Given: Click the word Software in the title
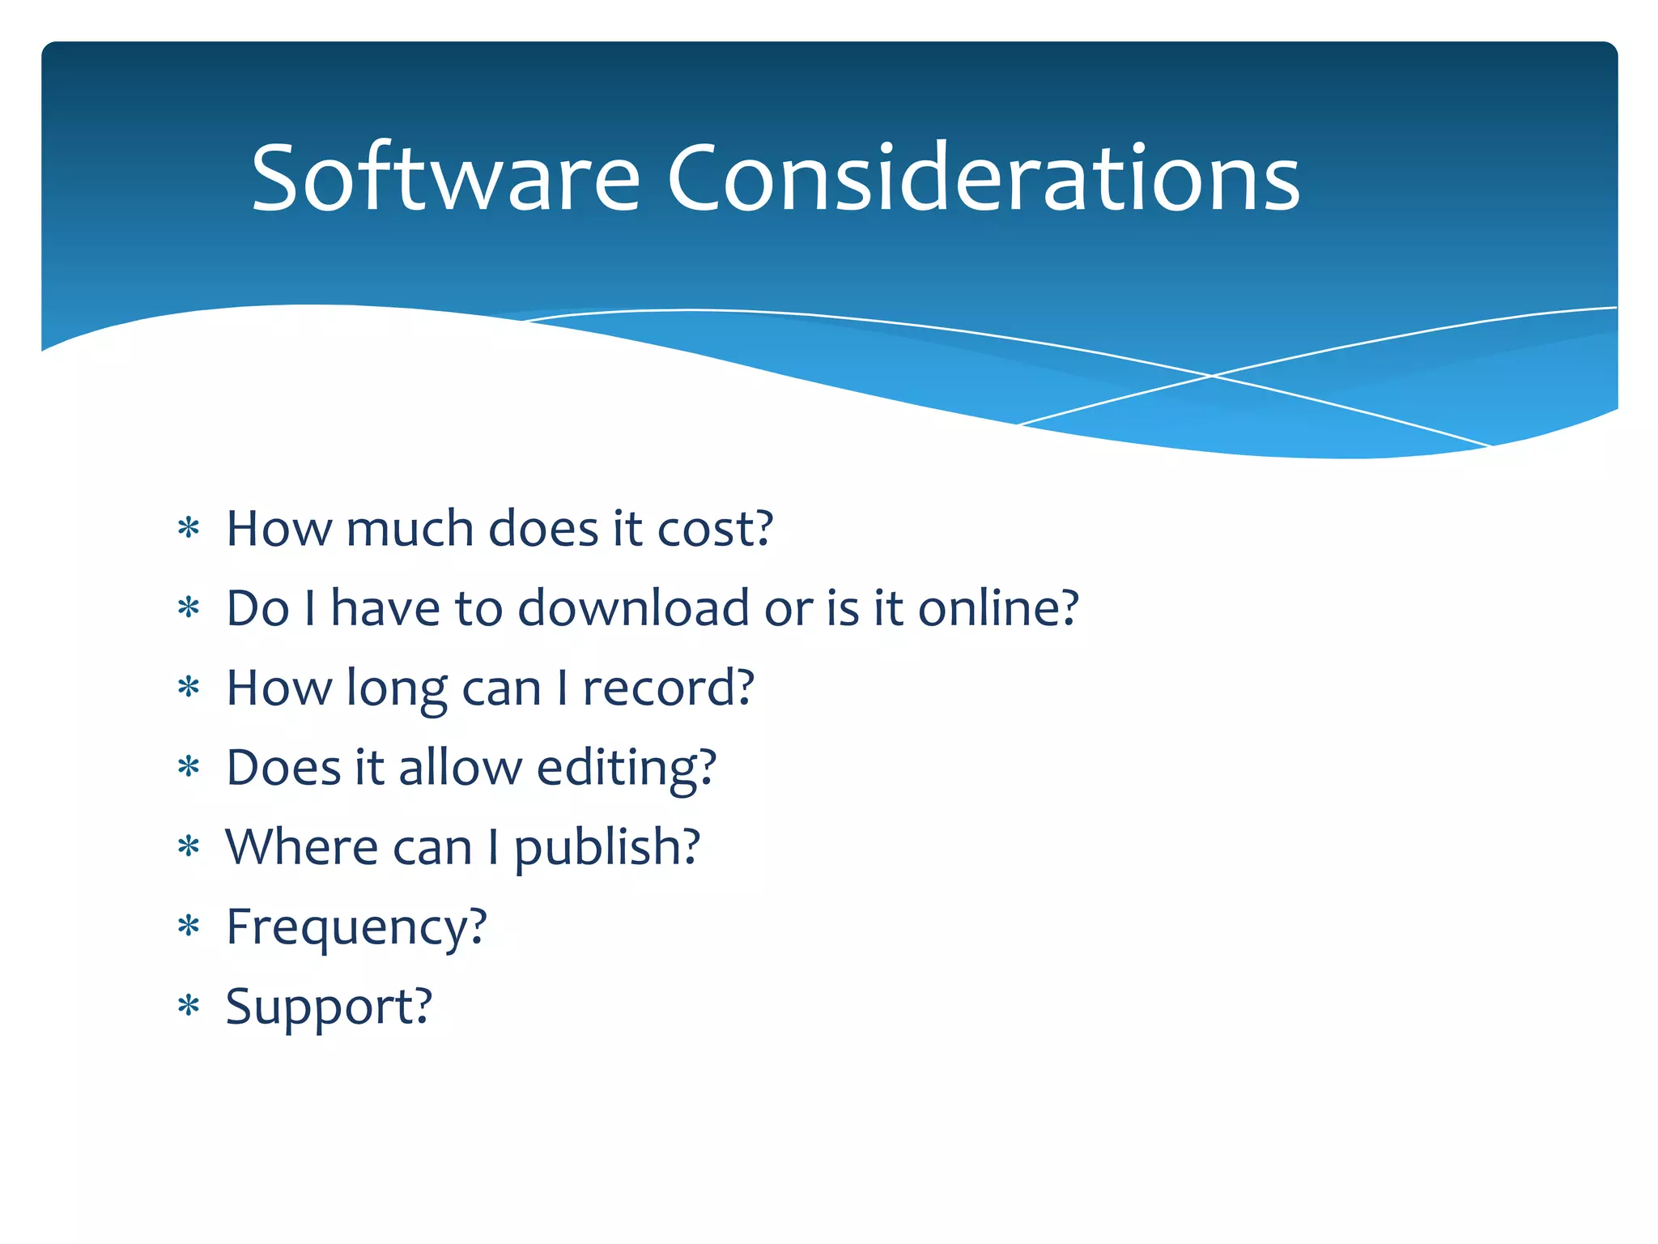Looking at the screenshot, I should (x=445, y=178).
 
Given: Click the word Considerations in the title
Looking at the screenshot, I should (x=983, y=178).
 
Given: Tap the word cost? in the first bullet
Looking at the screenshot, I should (x=715, y=529).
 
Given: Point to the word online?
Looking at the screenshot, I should (x=997, y=608).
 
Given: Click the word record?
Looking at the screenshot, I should (x=668, y=688).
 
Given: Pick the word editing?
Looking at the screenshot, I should (x=626, y=768).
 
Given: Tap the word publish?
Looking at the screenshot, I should (x=606, y=848).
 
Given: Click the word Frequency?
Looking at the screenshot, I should (x=356, y=927).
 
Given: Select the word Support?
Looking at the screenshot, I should (x=329, y=1007).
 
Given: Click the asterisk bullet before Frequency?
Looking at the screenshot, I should (x=189, y=926).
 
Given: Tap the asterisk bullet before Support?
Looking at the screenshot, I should (x=189, y=1006).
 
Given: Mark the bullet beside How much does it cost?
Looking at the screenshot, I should (x=189, y=529).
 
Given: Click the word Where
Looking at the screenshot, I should (x=301, y=847).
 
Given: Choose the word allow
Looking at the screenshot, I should (x=460, y=768).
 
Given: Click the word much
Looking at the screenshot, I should (x=410, y=529).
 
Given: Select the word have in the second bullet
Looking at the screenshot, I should (x=385, y=608).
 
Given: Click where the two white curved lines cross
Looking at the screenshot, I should (x=1212, y=376).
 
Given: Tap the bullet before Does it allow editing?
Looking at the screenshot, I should (x=189, y=767).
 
